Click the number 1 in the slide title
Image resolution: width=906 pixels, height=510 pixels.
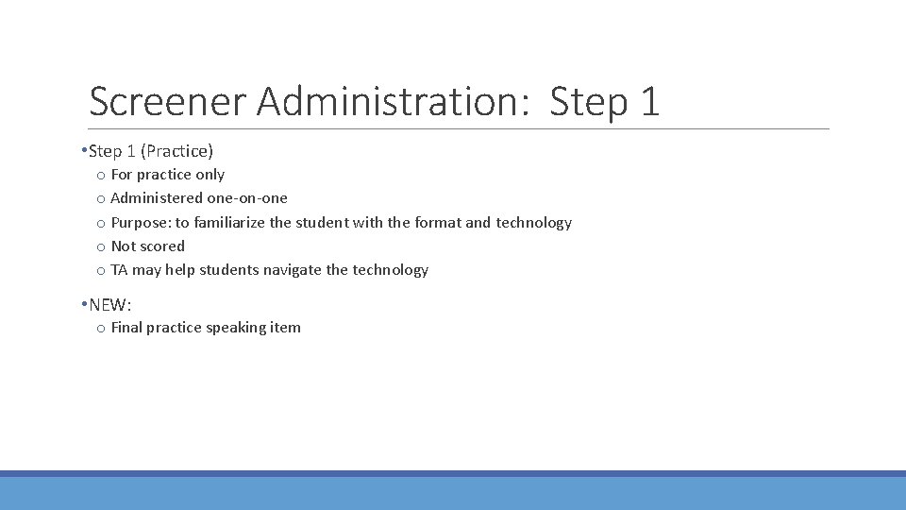[648, 101]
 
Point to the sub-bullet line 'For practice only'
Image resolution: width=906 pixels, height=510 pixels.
[167, 175]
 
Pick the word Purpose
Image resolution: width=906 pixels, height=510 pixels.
[141, 223]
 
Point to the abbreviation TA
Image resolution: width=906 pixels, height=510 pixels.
[119, 270]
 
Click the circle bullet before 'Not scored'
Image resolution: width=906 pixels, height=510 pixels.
[100, 247]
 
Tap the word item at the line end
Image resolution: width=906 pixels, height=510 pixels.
[286, 328]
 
